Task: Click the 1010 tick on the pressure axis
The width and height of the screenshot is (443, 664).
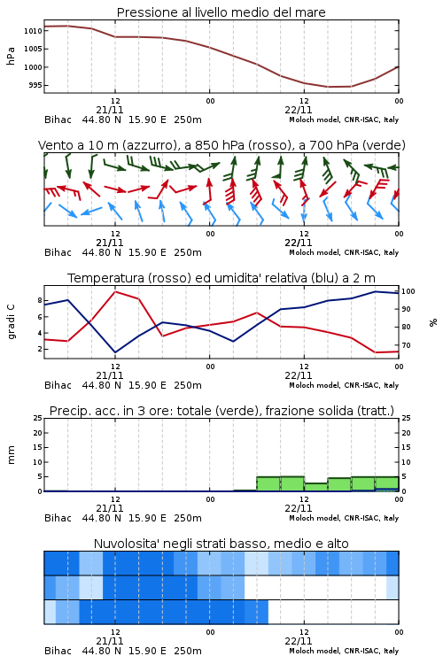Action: pyautogui.click(x=33, y=30)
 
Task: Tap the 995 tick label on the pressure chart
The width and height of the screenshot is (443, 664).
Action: pyautogui.click(x=35, y=85)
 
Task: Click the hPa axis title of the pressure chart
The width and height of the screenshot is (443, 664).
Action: pyautogui.click(x=11, y=56)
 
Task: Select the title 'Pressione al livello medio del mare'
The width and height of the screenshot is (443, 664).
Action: pyautogui.click(x=221, y=12)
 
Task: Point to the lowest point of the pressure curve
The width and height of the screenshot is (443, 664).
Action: pyautogui.click(x=329, y=87)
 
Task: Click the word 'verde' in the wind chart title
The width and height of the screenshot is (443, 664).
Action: pyautogui.click(x=383, y=145)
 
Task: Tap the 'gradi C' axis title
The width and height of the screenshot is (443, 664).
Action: pyautogui.click(x=12, y=322)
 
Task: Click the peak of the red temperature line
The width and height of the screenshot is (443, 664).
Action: pyautogui.click(x=115, y=291)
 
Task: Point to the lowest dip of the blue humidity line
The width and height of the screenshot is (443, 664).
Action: pyautogui.click(x=115, y=352)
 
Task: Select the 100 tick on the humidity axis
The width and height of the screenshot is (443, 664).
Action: pyautogui.click(x=408, y=291)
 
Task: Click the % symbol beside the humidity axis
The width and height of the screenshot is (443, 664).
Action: pyautogui.click(x=433, y=322)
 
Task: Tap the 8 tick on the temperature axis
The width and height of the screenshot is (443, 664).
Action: pyautogui.click(x=40, y=300)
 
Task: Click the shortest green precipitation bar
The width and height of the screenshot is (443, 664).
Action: pyautogui.click(x=315, y=487)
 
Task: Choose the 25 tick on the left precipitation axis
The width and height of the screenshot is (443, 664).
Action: pyautogui.click(x=38, y=418)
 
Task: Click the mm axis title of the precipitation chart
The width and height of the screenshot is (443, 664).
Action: pyautogui.click(x=11, y=455)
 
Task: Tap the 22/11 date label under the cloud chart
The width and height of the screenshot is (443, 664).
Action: pyautogui.click(x=299, y=641)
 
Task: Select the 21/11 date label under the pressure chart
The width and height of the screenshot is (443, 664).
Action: pyautogui.click(x=110, y=110)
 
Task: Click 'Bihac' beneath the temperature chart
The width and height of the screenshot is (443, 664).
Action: pyautogui.click(x=58, y=385)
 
